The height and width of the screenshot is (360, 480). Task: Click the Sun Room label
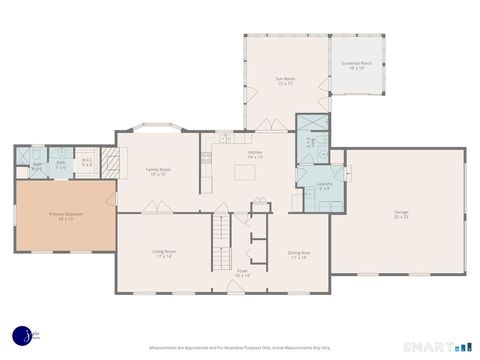(x=285, y=80)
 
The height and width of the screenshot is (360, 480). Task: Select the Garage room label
(x=400, y=214)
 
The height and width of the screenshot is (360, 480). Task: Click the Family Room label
(x=158, y=171)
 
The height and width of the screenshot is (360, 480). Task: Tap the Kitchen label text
(x=255, y=154)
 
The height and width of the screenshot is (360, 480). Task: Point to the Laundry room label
(x=325, y=185)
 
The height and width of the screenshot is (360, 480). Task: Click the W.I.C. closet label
(x=87, y=164)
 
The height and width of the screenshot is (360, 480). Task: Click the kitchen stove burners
(x=205, y=156)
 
